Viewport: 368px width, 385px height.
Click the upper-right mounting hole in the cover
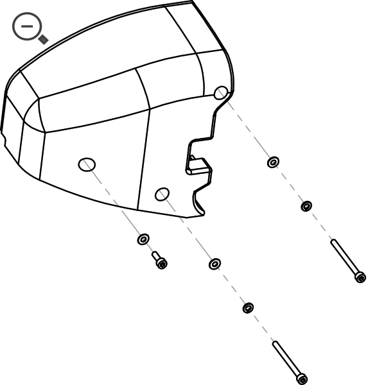click(220, 92)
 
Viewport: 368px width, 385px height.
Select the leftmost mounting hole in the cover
click(87, 164)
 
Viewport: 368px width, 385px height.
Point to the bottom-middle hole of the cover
click(162, 193)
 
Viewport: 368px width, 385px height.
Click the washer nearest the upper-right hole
click(273, 162)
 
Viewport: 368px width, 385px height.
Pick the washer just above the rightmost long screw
click(306, 206)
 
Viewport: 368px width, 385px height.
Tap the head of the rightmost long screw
click(360, 277)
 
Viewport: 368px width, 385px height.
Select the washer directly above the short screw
click(143, 239)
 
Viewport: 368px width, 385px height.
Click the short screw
click(159, 260)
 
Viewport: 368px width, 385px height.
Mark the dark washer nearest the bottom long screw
click(247, 308)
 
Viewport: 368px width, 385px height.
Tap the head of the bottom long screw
click(302, 379)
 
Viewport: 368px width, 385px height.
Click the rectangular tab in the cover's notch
click(198, 166)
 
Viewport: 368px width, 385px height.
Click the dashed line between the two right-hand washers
click(290, 184)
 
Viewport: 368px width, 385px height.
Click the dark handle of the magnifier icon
click(43, 40)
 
